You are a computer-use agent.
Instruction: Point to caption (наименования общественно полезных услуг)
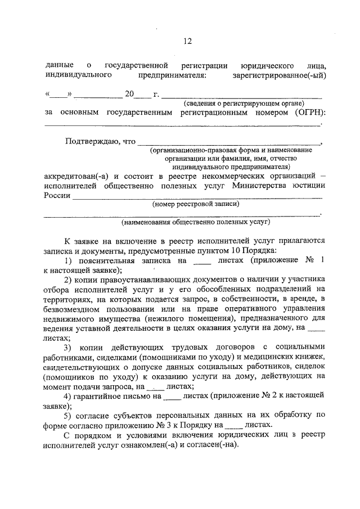[190, 223]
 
